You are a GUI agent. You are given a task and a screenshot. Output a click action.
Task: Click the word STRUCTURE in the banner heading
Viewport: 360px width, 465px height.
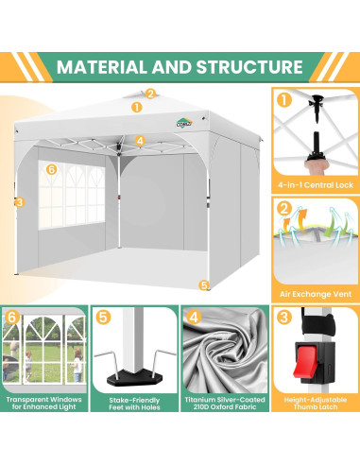tap(249, 67)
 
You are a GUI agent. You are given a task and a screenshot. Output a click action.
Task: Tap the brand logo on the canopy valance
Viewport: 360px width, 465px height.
tap(184, 123)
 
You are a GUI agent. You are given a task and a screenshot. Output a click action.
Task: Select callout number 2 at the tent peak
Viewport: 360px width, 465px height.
tap(150, 94)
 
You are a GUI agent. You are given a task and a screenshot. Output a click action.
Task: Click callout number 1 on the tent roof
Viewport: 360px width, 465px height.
tap(136, 107)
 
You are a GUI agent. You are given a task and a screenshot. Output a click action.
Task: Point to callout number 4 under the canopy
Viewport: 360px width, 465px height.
tap(140, 141)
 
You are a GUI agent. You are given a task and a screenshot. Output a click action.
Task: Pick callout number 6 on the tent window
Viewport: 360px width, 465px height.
tap(51, 169)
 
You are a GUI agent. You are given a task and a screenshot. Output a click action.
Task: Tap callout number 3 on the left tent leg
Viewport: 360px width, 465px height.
tap(20, 202)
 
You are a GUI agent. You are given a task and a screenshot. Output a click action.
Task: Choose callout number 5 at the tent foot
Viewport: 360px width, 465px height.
tap(204, 285)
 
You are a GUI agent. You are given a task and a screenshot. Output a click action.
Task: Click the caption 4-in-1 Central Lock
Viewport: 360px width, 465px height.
tap(316, 185)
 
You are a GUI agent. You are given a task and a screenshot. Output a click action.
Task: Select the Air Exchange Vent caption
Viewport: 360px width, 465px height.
tap(316, 294)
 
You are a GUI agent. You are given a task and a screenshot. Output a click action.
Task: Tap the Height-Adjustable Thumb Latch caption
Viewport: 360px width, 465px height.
tap(316, 404)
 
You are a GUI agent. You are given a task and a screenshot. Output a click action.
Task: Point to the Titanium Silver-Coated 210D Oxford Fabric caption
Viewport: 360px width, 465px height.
tap(225, 404)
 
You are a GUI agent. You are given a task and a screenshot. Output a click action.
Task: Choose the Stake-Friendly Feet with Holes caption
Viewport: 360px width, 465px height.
tap(134, 404)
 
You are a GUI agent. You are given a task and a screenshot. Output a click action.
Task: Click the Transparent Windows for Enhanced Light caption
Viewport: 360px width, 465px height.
tap(44, 404)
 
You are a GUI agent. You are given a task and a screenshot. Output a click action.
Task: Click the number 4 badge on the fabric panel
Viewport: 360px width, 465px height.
tap(194, 317)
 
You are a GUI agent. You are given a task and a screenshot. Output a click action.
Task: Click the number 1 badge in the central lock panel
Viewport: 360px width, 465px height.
tap(284, 100)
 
